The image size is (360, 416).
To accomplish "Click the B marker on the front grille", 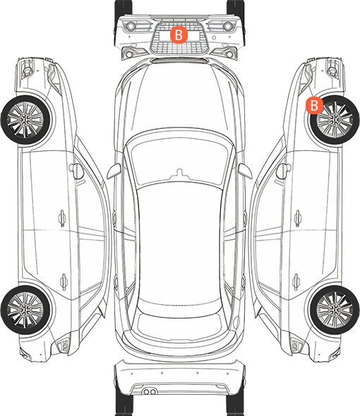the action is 179,35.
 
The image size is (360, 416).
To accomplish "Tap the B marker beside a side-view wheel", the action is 314,105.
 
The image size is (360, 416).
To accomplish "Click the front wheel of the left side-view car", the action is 25,120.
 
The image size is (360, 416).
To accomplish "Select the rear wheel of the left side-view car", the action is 25,310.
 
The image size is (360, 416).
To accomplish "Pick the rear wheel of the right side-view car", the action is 335,310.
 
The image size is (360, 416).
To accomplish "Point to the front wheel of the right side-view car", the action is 335,120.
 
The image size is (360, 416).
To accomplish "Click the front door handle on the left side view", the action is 62,218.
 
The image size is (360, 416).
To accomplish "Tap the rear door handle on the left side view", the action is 64,282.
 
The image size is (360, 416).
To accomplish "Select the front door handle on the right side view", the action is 298,218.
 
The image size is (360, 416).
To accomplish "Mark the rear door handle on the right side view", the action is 296,282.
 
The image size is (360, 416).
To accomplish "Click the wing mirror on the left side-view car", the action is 76,171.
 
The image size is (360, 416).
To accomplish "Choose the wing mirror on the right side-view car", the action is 284,171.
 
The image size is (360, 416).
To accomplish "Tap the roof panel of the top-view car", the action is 180,244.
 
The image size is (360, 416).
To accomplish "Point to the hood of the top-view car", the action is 180,98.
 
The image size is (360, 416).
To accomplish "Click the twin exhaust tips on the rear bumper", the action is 150,391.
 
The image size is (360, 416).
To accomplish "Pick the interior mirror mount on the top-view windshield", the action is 180,173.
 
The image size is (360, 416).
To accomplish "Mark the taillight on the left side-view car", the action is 63,345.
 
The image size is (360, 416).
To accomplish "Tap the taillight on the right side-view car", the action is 297,345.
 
